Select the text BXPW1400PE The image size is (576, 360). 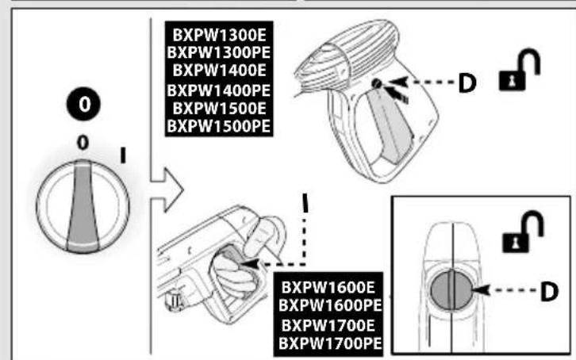tap(217, 93)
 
